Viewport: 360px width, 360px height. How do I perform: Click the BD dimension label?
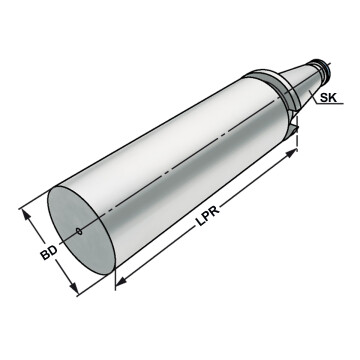tap(49, 253)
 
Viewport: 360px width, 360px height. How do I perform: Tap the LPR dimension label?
tap(207, 217)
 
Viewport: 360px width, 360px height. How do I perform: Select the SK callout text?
tap(328, 98)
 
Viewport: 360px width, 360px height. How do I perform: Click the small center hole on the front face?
tap(79, 231)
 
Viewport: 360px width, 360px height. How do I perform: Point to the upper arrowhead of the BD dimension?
tap(27, 216)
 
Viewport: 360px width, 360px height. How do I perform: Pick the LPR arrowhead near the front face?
tap(122, 281)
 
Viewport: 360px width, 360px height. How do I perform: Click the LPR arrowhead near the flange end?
tap(291, 154)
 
